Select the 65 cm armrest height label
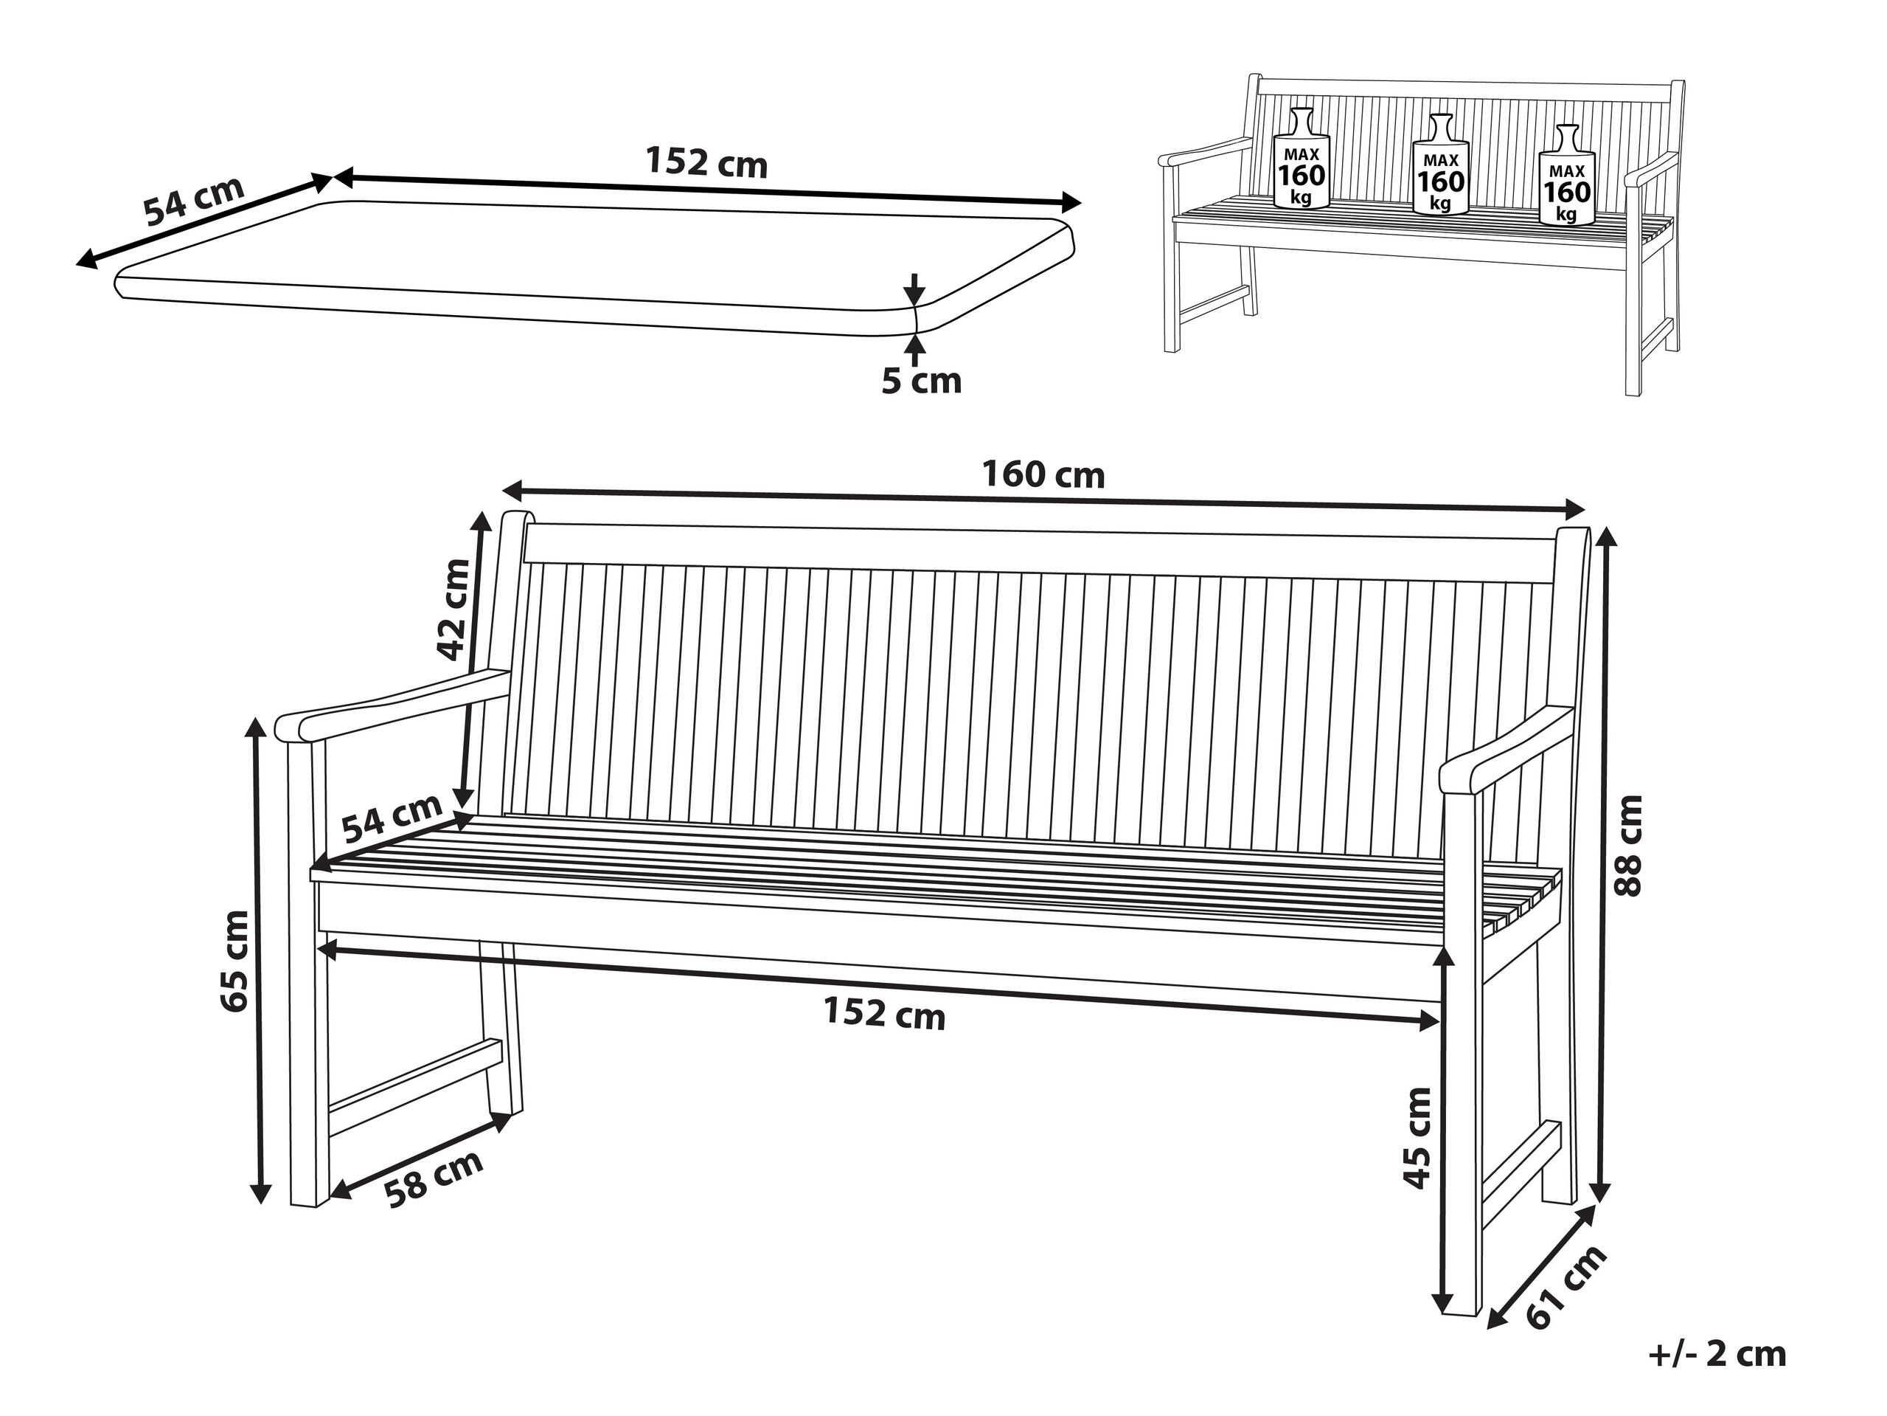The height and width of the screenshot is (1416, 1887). (234, 961)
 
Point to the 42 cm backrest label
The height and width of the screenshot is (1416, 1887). (453, 609)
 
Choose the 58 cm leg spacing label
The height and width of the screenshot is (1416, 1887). (434, 1178)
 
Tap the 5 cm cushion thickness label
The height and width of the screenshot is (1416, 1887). (921, 381)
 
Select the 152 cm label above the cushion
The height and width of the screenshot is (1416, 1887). (706, 162)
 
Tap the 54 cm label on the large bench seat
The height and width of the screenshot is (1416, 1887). (392, 817)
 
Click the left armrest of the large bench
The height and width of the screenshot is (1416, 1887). (392, 705)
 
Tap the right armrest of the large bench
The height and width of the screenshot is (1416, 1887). (1506, 750)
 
